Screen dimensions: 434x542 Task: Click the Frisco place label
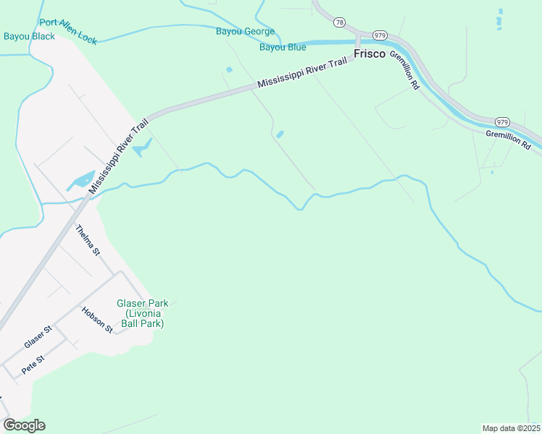(x=370, y=54)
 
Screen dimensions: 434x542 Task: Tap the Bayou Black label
(x=29, y=36)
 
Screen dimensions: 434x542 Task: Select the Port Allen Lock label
(x=68, y=32)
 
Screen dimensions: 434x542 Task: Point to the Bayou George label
(x=246, y=31)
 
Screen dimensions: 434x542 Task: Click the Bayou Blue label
(x=283, y=48)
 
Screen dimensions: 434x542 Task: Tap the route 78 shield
(x=339, y=24)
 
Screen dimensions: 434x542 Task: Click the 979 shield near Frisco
(x=380, y=35)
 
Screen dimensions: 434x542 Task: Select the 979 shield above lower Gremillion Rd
(x=502, y=121)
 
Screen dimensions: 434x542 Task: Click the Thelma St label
(x=88, y=240)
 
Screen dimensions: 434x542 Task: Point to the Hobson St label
(x=98, y=320)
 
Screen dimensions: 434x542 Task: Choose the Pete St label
(x=33, y=364)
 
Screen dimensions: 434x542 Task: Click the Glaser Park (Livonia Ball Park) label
(x=142, y=314)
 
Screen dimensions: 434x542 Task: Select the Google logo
(x=24, y=425)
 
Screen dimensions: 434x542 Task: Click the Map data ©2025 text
(x=511, y=427)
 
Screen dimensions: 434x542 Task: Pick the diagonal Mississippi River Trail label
(x=119, y=155)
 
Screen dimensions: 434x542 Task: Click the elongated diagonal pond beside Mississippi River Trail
(x=81, y=181)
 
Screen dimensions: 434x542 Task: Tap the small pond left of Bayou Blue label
(x=229, y=69)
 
